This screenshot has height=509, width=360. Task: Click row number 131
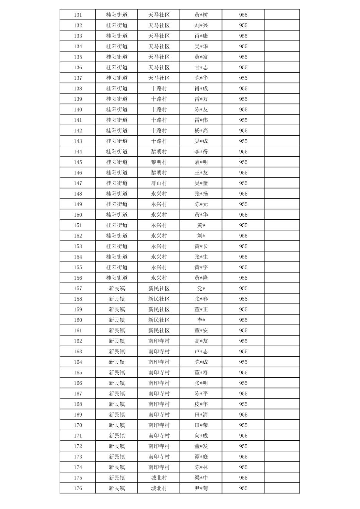[78, 15]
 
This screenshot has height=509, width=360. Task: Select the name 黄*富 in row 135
[201, 57]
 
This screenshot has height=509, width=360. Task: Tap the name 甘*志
[201, 67]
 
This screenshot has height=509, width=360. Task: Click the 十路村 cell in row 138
[159, 88]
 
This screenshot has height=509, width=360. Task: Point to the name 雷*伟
[201, 120]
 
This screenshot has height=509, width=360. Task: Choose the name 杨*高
[201, 131]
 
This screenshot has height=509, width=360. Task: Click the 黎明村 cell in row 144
[159, 152]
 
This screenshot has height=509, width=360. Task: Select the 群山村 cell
[159, 183]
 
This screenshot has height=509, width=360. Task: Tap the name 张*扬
[201, 194]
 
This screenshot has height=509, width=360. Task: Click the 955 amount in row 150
[243, 215]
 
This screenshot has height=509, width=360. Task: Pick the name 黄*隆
[201, 278]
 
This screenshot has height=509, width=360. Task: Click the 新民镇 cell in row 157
[117, 288]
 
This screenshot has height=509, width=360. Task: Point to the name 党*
[201, 288]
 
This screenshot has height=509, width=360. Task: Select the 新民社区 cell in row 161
[159, 331]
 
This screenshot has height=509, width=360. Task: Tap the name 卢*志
[201, 352]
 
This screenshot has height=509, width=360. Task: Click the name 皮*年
[201, 404]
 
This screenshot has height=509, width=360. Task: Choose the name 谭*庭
[201, 457]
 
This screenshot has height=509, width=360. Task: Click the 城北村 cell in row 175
[159, 478]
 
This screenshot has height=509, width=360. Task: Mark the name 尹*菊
[201, 488]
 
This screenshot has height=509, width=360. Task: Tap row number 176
[78, 488]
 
